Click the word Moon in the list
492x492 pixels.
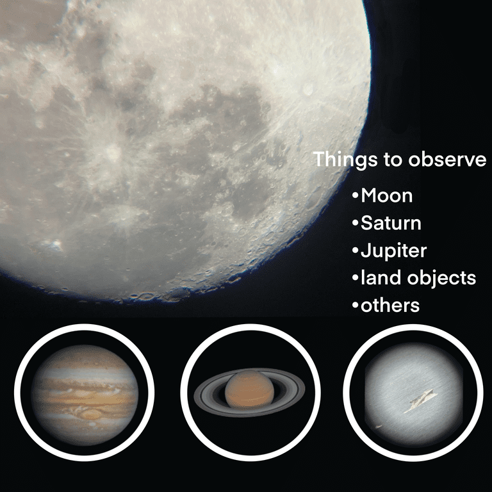click(386, 195)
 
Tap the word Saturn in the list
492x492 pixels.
click(391, 223)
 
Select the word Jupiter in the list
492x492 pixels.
click(394, 251)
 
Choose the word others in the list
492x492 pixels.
click(390, 305)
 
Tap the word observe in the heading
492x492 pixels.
click(447, 160)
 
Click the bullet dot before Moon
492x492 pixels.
click(355, 196)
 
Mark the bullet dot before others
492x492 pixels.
click(355, 306)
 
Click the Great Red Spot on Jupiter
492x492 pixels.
click(91, 414)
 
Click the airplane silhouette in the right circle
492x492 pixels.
click(419, 401)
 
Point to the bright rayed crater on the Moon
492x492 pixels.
click(112, 152)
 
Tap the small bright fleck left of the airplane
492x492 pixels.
click(378, 427)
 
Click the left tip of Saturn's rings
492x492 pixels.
click(194, 394)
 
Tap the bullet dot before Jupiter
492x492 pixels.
click(355, 250)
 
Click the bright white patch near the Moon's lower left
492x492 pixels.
click(54, 245)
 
